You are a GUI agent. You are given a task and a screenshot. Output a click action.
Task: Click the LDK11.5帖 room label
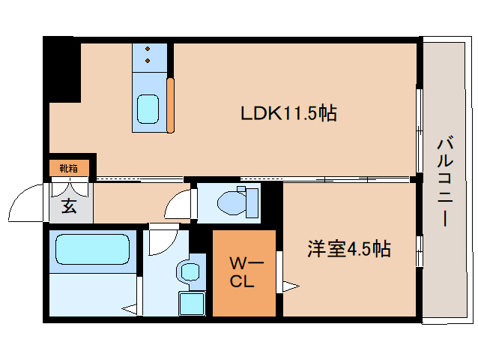[x=288, y=113]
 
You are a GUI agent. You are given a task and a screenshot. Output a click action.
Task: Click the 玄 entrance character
[x=69, y=206]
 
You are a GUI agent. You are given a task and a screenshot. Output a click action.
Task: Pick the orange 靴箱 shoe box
[x=69, y=168]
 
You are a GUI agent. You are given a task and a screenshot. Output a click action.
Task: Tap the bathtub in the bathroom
[x=92, y=249]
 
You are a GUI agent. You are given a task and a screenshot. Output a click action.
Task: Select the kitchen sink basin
[x=148, y=110]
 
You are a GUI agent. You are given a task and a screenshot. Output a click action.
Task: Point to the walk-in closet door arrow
[x=288, y=286]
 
